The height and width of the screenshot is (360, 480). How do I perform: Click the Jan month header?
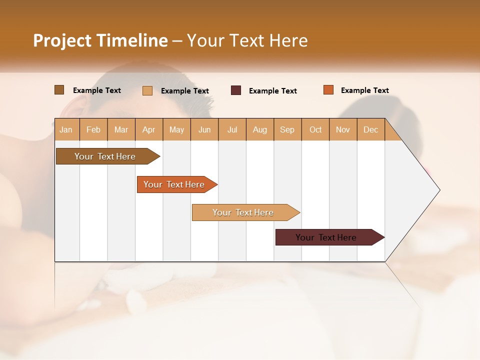[66, 130]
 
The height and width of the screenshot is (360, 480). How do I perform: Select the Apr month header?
[149, 130]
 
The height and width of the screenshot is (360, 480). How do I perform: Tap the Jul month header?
[232, 130]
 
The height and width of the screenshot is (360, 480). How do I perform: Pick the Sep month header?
[287, 130]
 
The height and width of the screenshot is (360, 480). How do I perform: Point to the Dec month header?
[370, 130]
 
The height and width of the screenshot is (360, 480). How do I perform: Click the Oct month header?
[315, 130]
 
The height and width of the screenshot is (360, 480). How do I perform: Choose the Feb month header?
[93, 130]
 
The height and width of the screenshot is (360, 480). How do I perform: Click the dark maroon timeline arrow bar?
[326, 237]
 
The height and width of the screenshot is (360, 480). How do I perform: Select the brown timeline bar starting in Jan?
[105, 156]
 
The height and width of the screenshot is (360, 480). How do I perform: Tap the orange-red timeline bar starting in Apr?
[174, 184]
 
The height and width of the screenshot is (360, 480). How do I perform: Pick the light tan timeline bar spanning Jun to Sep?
[243, 212]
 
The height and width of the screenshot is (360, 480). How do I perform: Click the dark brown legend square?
[59, 90]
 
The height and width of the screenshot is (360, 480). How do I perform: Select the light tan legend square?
[147, 90]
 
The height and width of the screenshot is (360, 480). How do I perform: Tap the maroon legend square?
[236, 90]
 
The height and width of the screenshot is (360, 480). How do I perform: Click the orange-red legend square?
[328, 90]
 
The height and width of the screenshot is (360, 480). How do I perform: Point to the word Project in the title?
[62, 40]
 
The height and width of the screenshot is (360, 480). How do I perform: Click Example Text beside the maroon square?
[273, 91]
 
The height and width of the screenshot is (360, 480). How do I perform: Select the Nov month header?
[343, 130]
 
